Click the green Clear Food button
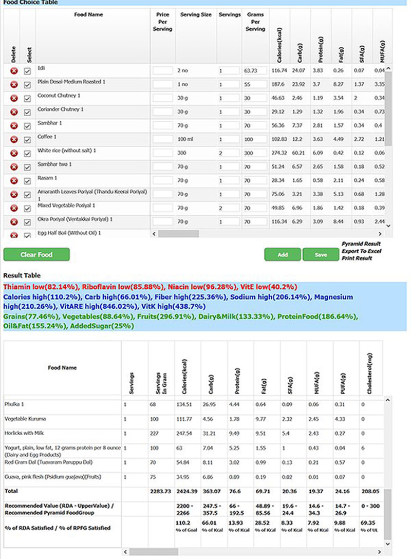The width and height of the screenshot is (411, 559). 36,254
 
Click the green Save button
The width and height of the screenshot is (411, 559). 321,254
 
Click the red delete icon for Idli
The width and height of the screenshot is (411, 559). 14,71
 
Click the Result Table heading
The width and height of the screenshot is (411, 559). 22,275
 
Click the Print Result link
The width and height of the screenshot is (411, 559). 356,258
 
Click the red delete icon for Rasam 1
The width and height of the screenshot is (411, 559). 14,181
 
